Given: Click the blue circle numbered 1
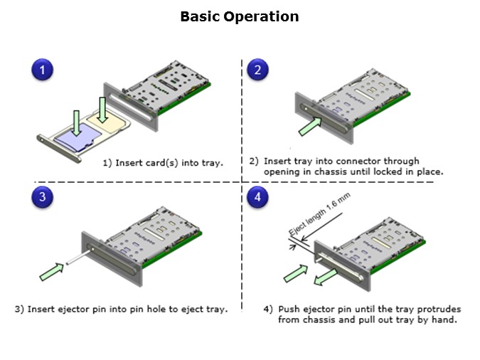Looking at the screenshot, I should [x=43, y=70].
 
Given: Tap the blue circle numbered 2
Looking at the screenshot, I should [x=257, y=70].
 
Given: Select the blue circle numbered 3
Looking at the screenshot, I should [x=43, y=198].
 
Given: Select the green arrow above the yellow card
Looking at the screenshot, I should [x=103, y=107].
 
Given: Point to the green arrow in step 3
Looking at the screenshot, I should [x=52, y=271].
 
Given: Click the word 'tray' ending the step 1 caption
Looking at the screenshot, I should [x=210, y=163].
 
